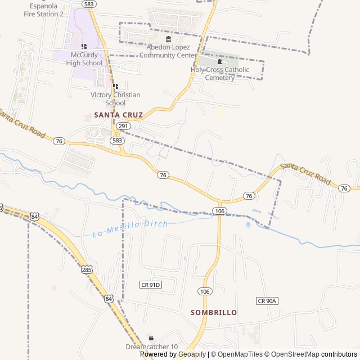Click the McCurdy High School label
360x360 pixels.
click(84, 59)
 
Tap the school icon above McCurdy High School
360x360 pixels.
click(84, 47)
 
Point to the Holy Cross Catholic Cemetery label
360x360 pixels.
click(220, 74)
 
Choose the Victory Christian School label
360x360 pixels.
click(115, 99)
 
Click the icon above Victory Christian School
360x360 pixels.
click(115, 87)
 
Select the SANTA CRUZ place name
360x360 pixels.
click(119, 115)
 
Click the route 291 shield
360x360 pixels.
click(124, 127)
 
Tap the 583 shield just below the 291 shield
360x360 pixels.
click(117, 140)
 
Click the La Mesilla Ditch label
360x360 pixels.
click(130, 228)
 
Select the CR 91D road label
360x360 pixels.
click(151, 285)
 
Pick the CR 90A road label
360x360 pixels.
click(267, 301)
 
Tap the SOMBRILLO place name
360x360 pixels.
click(214, 312)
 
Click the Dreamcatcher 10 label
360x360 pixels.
click(151, 347)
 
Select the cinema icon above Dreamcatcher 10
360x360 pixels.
click(151, 338)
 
